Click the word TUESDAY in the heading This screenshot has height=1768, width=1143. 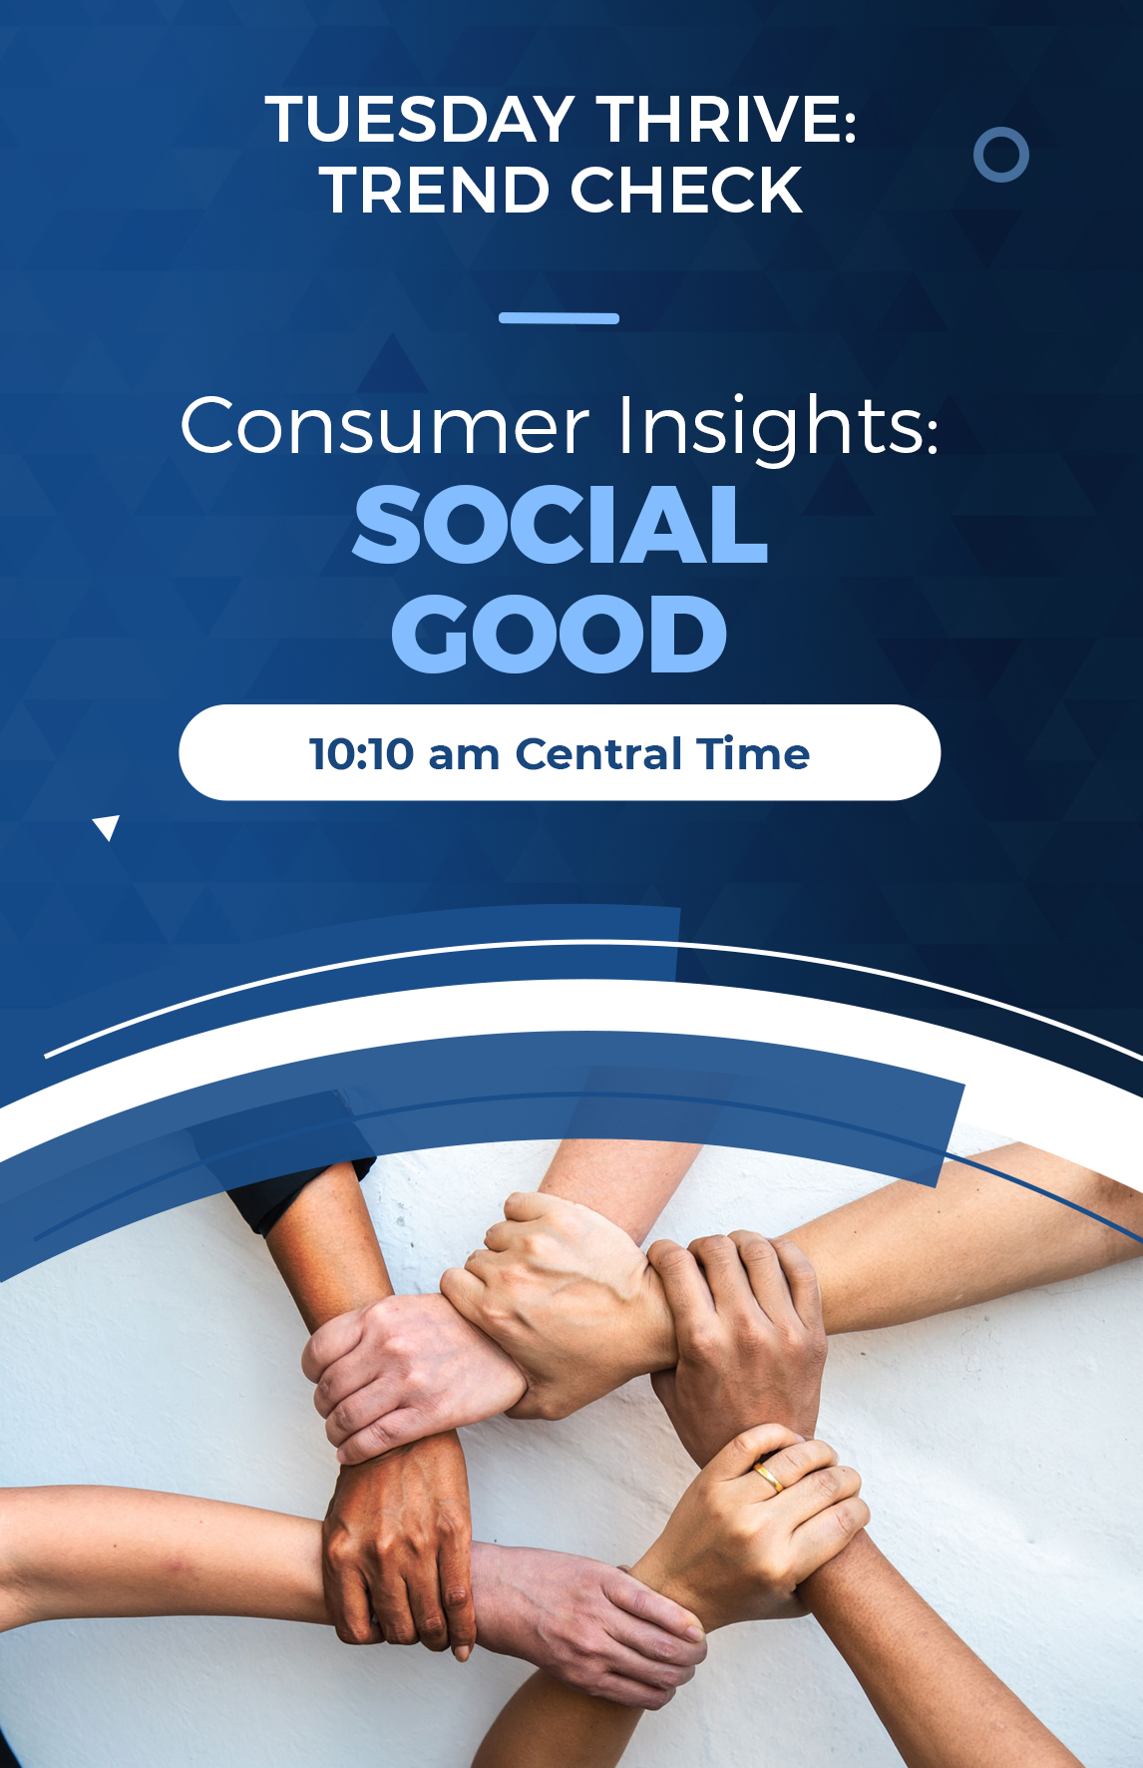coord(419,120)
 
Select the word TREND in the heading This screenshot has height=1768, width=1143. coord(435,190)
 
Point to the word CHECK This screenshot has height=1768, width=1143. coord(686,190)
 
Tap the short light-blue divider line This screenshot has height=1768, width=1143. coord(559,318)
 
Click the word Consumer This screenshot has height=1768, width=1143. coord(385,426)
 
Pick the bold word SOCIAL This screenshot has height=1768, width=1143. coord(561,525)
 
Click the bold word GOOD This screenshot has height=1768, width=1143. coord(560,634)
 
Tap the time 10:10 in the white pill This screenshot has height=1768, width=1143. coord(361,754)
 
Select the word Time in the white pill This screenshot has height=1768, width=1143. coord(753,754)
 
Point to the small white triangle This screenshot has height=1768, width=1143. coord(106,825)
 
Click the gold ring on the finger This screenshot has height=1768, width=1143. coord(768,1475)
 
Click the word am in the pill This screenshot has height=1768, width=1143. coord(464,757)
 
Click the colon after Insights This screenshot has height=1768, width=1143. coord(932,437)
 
